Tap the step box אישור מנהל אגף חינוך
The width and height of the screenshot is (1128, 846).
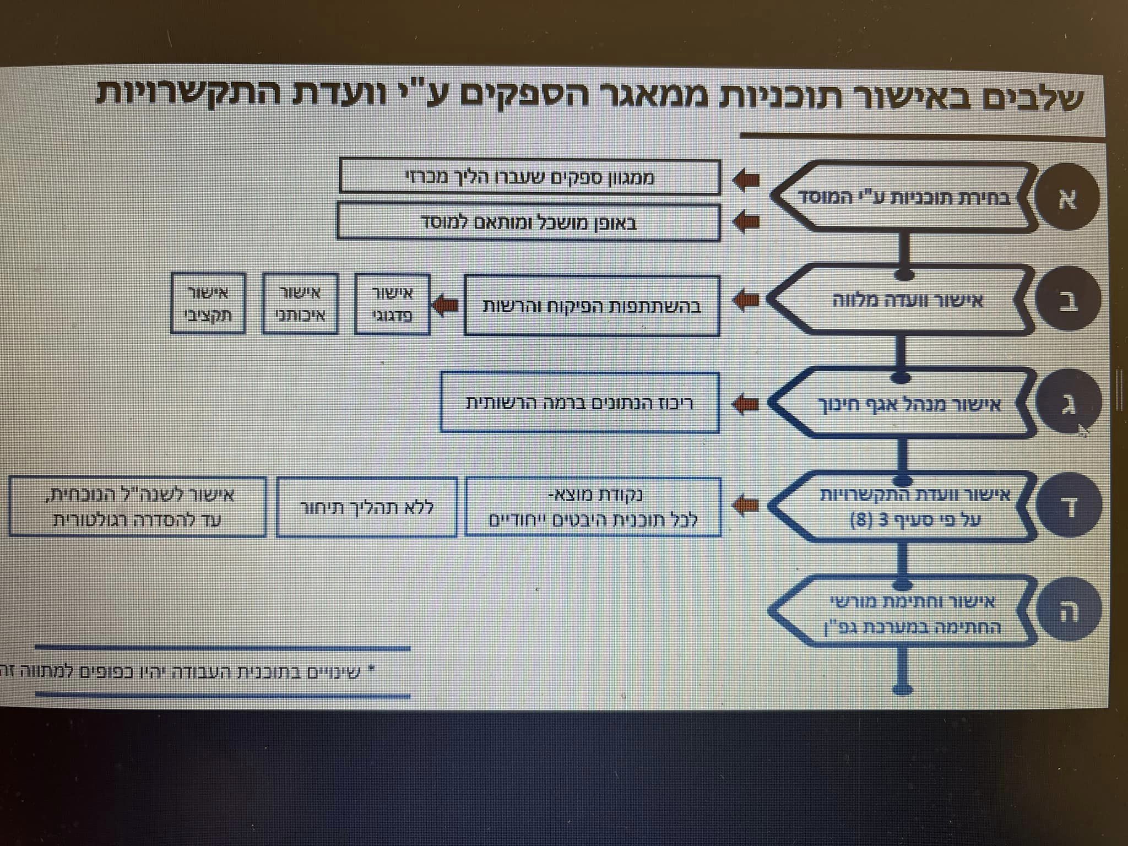(x=903, y=404)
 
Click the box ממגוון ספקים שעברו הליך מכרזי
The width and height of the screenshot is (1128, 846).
(x=530, y=177)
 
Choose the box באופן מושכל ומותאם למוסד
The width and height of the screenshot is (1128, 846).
(x=529, y=222)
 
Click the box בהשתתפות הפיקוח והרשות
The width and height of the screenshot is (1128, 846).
(x=592, y=306)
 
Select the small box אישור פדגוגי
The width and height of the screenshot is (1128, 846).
(x=392, y=304)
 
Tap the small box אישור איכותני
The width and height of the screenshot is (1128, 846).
(x=300, y=304)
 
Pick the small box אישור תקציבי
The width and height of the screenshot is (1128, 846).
(x=208, y=303)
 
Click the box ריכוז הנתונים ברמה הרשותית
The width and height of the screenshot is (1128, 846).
(x=580, y=403)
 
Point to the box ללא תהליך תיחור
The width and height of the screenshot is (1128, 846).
(x=366, y=507)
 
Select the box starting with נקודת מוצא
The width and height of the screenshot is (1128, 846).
(x=593, y=507)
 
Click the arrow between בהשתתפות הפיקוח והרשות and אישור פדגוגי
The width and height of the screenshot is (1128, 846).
(x=446, y=305)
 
